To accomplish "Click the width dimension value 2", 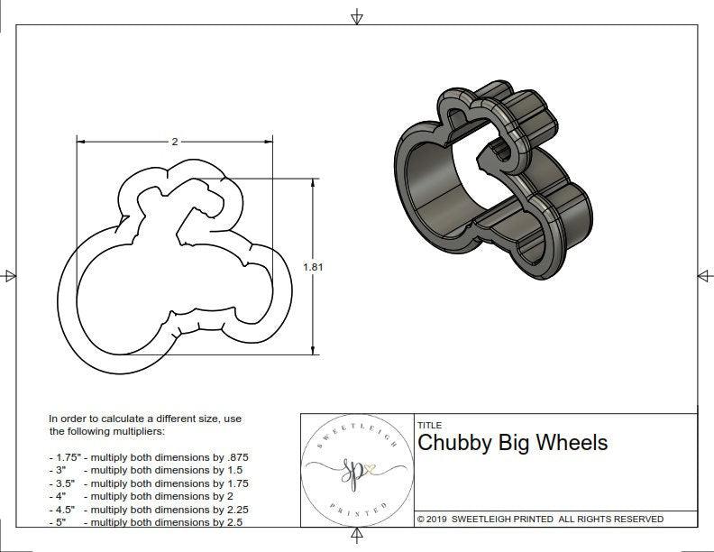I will tap(174, 142).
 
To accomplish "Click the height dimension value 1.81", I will tap(313, 266).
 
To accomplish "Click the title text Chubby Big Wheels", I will tap(512, 443).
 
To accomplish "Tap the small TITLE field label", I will tap(429, 425).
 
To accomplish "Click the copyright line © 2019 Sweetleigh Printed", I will tap(540, 519).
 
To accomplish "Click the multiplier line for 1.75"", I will tap(148, 457).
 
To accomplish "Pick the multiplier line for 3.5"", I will tap(148, 483).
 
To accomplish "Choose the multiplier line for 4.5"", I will tap(148, 509).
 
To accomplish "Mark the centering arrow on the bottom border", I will tap(357, 537).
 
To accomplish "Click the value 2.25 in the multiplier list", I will tap(235, 509).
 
